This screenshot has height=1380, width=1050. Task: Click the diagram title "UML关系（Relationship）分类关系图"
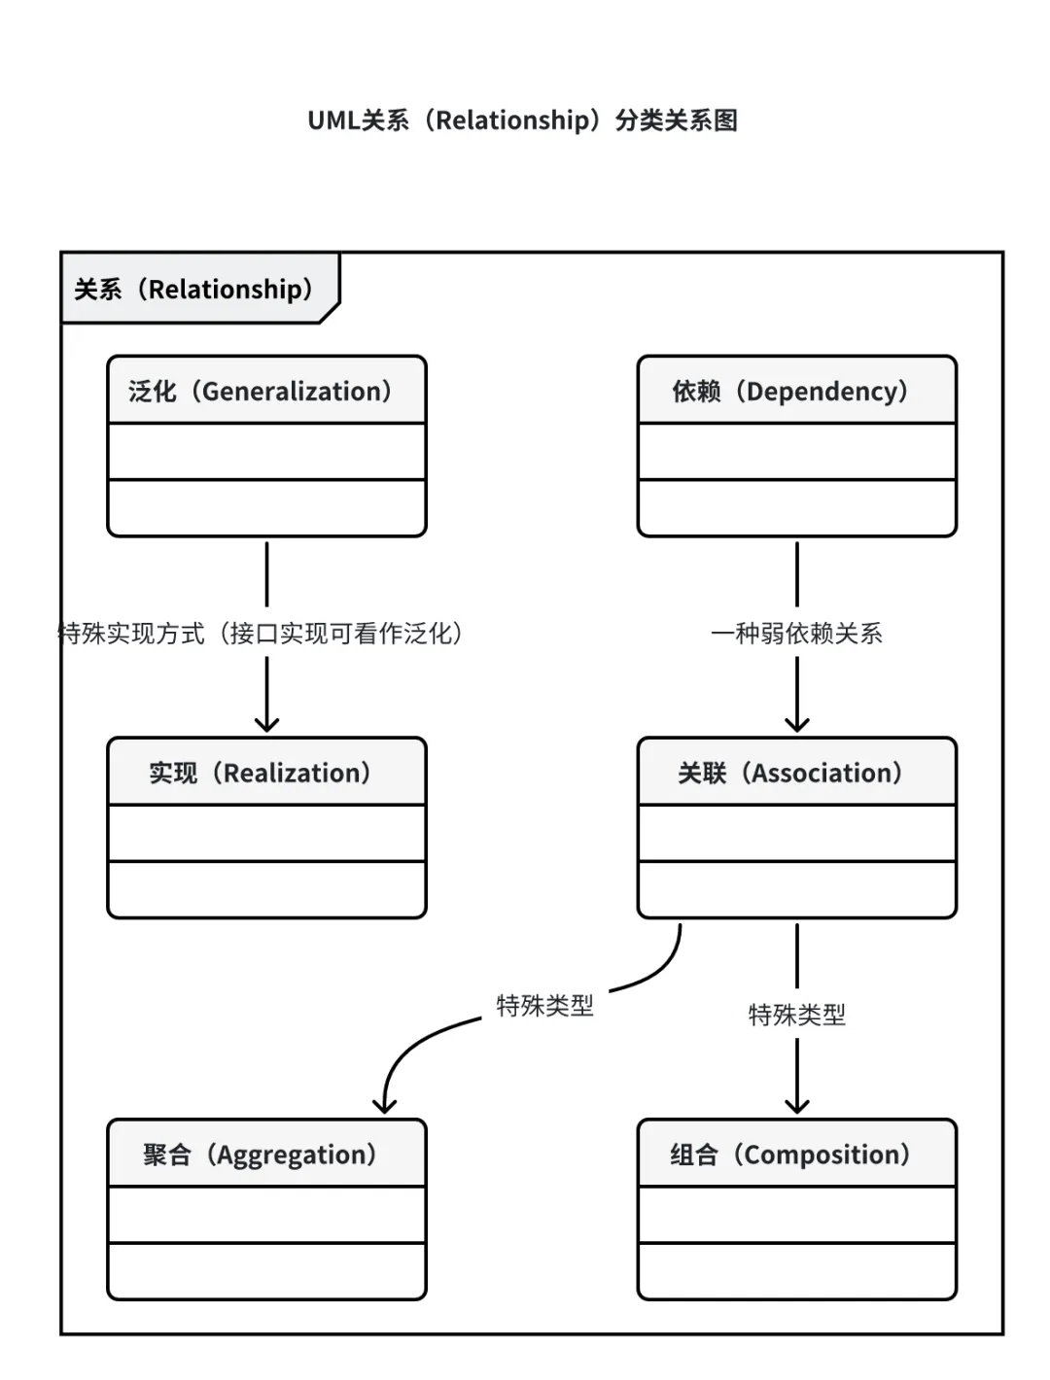tap(522, 121)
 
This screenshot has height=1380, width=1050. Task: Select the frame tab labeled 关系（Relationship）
tap(194, 289)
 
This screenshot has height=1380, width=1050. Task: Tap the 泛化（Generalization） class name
tap(261, 391)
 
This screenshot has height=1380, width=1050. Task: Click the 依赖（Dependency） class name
tap(790, 391)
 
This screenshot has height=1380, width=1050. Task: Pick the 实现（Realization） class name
tap(261, 773)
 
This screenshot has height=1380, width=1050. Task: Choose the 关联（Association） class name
tap(790, 773)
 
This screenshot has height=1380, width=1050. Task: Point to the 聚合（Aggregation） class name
tap(261, 1155)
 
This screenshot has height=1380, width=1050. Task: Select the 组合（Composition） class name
tap(790, 1155)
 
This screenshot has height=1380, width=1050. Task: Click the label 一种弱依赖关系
tap(796, 634)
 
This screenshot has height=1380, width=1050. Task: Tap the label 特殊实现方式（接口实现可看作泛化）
tap(261, 634)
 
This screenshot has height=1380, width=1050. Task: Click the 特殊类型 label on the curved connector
tap(544, 1005)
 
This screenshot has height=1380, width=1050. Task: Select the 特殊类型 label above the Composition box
tap(796, 1015)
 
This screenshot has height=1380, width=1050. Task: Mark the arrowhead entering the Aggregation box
tap(385, 1106)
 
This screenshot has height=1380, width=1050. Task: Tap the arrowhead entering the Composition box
tap(797, 1106)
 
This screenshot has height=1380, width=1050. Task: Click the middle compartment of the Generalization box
tap(266, 451)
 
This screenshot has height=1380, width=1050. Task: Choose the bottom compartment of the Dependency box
tap(797, 507)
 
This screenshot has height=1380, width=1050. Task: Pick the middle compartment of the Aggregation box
tap(266, 1215)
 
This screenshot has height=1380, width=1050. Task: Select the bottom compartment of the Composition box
tap(797, 1271)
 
